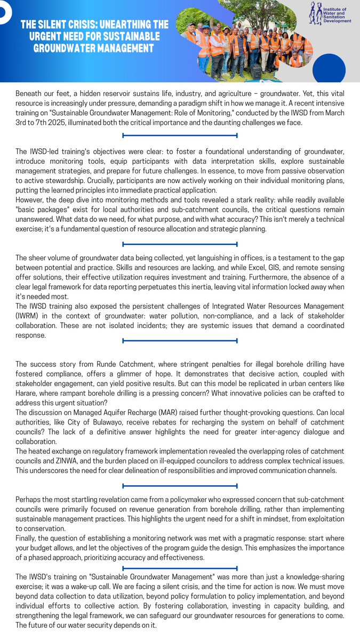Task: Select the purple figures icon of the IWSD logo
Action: point(316,14)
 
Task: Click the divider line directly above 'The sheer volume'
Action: point(180,244)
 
